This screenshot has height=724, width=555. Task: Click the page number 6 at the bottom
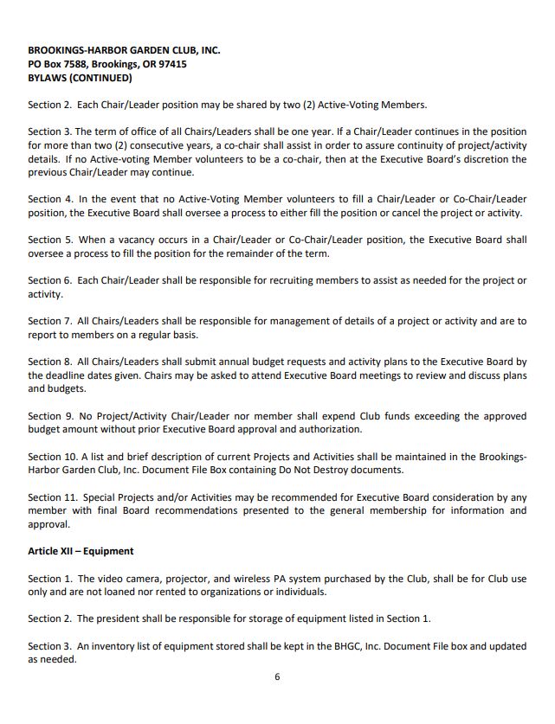[x=277, y=676]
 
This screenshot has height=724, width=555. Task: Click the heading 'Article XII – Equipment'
[x=81, y=551]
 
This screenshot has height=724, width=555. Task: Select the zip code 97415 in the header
[x=169, y=64]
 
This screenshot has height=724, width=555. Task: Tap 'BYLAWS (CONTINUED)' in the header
[x=80, y=78]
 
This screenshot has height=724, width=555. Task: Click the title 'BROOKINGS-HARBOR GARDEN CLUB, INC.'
[x=124, y=50]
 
